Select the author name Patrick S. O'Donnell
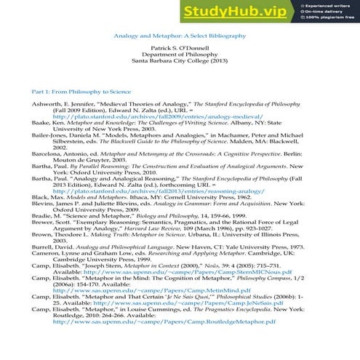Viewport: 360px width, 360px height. (x=179, y=47)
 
